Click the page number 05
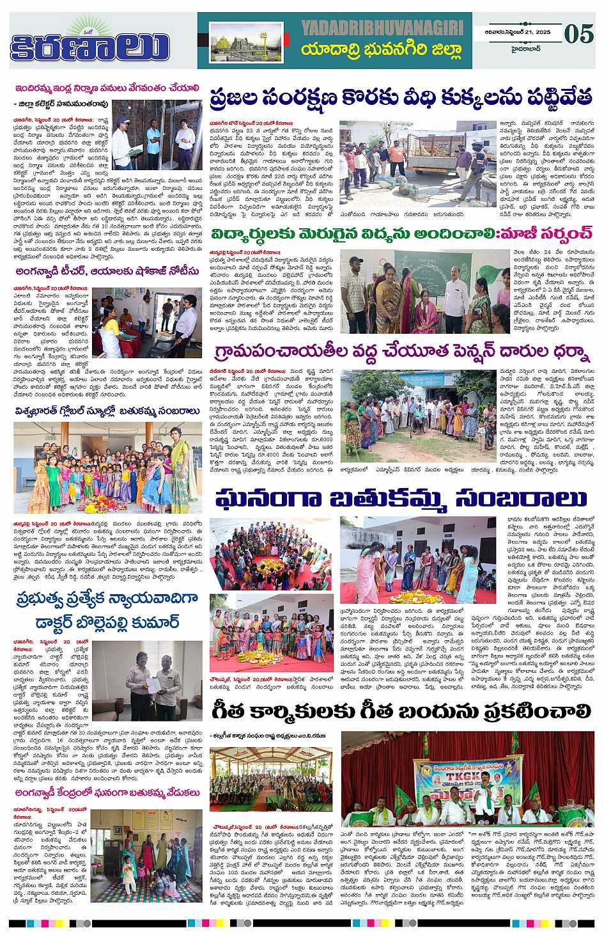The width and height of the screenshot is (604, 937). [579, 33]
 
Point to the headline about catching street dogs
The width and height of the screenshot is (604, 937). [401, 101]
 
